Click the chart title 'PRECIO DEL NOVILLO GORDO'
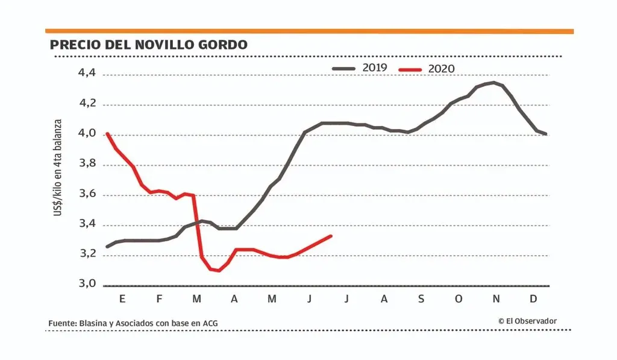148,45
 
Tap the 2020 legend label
441,69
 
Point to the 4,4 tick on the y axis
87,74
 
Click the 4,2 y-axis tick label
87,104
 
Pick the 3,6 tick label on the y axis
87,194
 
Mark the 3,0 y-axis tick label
87,284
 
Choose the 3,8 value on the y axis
87,164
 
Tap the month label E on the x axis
122,299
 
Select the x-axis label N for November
496,299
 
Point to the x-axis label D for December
534,299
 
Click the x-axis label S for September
421,299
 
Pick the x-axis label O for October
459,299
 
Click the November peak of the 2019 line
493,83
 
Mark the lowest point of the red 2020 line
218,271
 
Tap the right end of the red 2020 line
331,236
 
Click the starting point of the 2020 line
107,134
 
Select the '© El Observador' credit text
527,321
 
